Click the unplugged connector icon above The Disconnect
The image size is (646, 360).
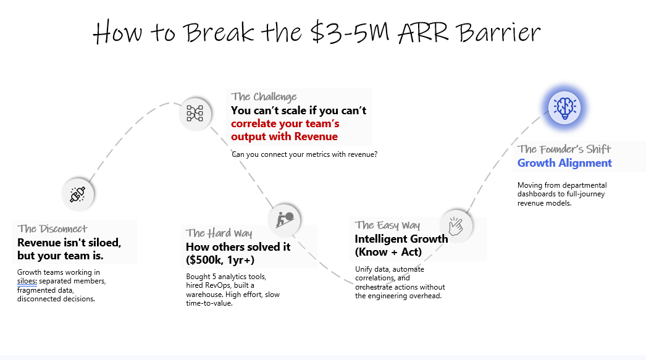point(78,194)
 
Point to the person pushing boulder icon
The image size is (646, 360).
point(285,218)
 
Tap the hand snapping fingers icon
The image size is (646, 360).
point(456,225)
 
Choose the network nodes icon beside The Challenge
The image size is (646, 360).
point(195,113)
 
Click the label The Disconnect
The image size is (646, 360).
point(52,229)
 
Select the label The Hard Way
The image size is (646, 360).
point(219,233)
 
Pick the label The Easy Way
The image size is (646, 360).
point(387,225)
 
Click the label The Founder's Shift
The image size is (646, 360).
point(564,149)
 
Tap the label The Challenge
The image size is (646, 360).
point(264,96)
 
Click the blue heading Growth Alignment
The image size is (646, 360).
point(564,163)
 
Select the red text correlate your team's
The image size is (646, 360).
point(285,123)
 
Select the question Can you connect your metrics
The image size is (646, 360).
point(304,154)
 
